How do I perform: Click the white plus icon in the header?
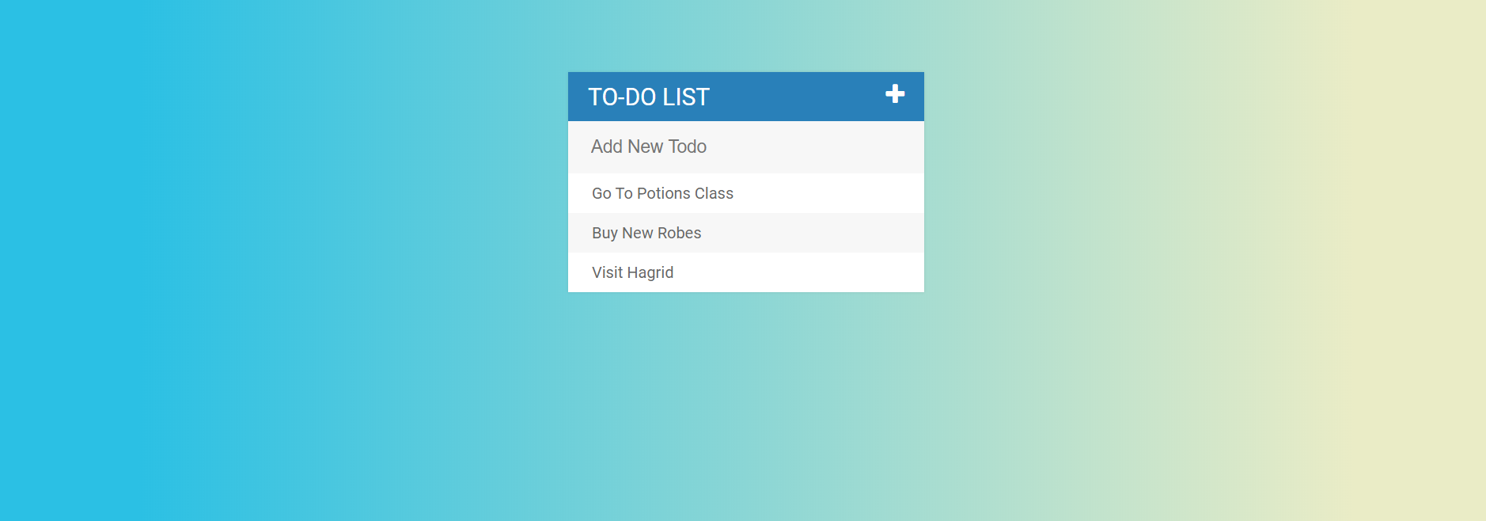895,93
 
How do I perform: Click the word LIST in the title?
686,97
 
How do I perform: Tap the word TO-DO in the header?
622,97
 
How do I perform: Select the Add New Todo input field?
746,147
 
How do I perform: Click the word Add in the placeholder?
607,146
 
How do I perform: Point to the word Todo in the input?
688,146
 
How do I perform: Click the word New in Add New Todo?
646,146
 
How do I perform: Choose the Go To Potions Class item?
746,193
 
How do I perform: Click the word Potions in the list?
664,193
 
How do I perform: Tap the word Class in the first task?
715,193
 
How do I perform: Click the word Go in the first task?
602,193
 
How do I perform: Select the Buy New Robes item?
746,233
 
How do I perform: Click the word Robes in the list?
680,233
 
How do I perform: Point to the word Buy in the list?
605,234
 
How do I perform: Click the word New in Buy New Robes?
638,233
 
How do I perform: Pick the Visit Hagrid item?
746,272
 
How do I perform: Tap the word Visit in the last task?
608,272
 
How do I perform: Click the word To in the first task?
624,193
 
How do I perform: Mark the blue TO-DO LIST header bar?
746,97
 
